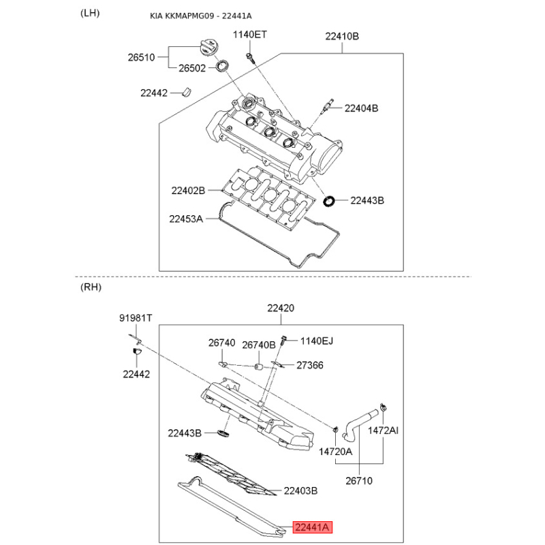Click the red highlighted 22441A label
313,527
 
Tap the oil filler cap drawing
208,47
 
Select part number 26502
192,68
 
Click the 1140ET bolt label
249,35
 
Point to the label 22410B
342,36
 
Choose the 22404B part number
361,108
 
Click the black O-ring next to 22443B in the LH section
329,201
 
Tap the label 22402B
188,191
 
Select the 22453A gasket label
186,219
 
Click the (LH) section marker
90,13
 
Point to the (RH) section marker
91,287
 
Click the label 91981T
136,317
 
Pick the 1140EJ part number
317,341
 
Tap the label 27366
310,365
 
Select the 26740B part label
259,345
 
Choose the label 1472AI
383,431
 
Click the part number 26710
359,481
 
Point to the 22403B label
300,490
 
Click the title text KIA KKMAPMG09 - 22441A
201,16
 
